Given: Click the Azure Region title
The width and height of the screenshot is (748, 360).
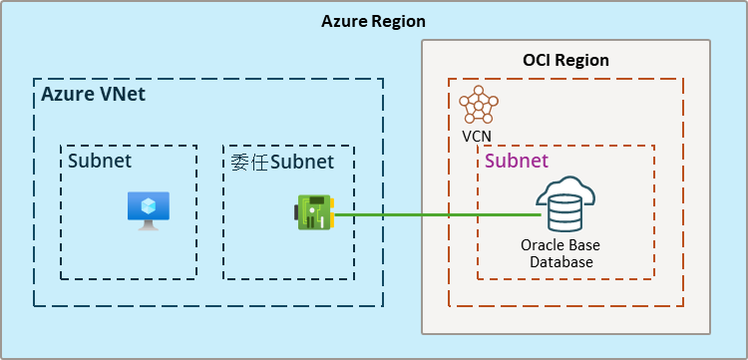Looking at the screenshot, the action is pos(374,22).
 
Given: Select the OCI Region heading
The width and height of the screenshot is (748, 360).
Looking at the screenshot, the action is pos(565,61).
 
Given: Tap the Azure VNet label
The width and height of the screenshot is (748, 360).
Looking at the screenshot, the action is pos(94,95).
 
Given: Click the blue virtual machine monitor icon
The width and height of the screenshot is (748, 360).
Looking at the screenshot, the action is pos(149,210).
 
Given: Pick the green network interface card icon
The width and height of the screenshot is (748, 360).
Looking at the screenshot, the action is pos(314,212).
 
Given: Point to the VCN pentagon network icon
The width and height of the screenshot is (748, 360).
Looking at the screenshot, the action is pos(479,106).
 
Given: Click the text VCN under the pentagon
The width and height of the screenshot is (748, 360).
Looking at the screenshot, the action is pos(477,137).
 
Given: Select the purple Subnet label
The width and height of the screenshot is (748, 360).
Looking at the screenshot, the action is pos(517,162).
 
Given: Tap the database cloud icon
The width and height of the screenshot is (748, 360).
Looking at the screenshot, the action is pos(565,204).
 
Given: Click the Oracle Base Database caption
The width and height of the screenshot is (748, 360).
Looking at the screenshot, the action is pos(561,253).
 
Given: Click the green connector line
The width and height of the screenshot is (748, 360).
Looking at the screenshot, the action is pos(438,215).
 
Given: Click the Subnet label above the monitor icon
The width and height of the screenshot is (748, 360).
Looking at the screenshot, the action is pos(100,161).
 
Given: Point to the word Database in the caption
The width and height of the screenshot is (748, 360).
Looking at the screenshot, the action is pos(561,262).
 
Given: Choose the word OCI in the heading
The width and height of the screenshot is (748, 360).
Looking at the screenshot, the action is pos(537,61).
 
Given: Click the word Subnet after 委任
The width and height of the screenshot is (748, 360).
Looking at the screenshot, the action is pos(302,163).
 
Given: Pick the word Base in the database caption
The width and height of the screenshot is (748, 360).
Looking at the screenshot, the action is pos(585,245).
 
